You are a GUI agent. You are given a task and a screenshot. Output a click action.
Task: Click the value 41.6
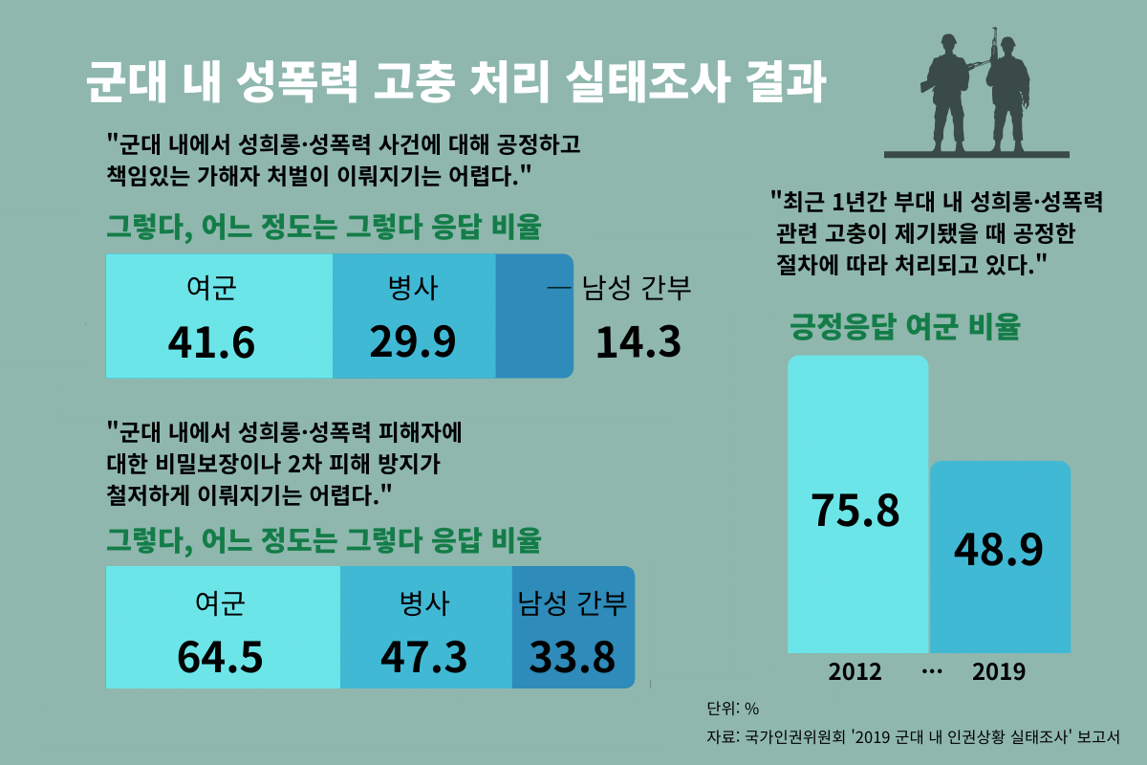(211, 342)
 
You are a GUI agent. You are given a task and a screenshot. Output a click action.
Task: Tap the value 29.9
(413, 342)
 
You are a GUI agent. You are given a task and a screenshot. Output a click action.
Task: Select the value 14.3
(638, 342)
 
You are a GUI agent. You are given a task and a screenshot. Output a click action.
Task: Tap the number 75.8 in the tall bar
(855, 510)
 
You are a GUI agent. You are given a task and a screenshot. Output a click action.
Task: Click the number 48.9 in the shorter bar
(999, 547)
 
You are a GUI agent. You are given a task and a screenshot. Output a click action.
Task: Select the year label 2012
(855, 671)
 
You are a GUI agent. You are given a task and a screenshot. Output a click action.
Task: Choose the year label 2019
(999, 671)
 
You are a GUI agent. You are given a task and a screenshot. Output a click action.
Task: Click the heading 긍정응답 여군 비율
(904, 327)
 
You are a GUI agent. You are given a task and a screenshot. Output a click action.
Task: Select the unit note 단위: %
(732, 709)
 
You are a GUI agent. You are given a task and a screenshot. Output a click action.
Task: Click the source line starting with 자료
(913, 736)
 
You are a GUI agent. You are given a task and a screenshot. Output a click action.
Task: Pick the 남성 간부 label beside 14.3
(636, 288)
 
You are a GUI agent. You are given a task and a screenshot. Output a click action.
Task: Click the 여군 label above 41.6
(211, 288)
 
